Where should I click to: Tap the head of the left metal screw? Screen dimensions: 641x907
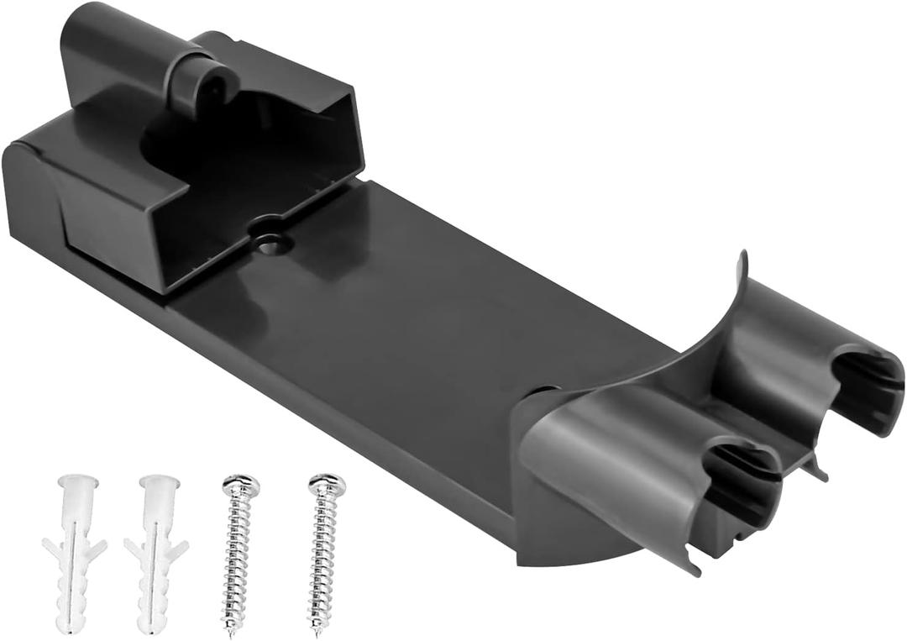[240, 486]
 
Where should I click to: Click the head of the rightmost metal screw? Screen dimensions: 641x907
[327, 484]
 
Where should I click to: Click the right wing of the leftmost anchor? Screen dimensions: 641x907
[97, 550]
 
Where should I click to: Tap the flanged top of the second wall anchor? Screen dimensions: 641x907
[160, 484]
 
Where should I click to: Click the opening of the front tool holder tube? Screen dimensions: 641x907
[739, 483]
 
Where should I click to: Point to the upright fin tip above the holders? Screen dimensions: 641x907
[742, 257]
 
